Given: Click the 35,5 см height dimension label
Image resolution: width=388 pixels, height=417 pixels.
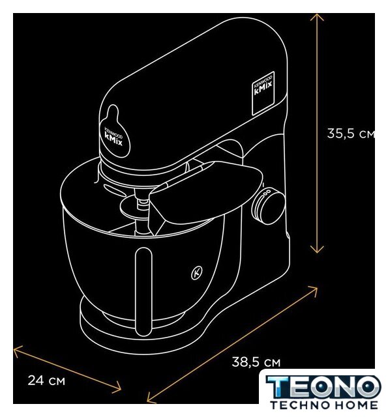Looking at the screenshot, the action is (x=351, y=134).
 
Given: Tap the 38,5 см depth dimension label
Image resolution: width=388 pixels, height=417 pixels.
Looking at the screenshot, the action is (x=256, y=362).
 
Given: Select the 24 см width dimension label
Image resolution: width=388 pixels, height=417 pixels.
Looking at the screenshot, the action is (x=46, y=381).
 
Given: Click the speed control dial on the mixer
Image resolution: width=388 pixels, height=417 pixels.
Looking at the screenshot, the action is (x=268, y=207).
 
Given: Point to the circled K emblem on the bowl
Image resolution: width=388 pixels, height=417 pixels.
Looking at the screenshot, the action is (x=197, y=273).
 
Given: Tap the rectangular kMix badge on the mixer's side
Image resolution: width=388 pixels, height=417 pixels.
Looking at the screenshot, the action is (x=263, y=93).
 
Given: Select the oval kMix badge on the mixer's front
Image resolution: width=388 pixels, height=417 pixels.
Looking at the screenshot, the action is (x=114, y=133).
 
